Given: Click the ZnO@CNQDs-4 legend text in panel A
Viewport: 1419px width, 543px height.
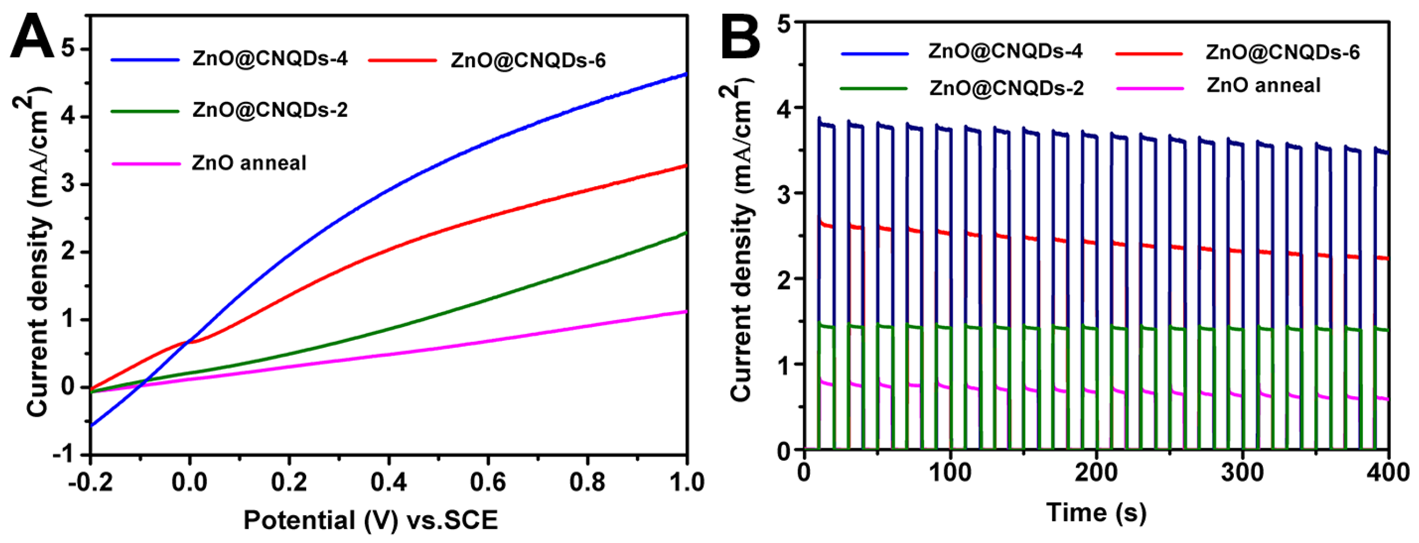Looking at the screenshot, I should pyautogui.click(x=270, y=58).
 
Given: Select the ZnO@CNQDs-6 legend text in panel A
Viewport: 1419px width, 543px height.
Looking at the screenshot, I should pyautogui.click(x=528, y=60).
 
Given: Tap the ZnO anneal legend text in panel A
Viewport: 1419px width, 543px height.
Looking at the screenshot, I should pyautogui.click(x=249, y=163).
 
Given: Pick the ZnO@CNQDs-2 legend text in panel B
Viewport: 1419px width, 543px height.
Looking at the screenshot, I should pyautogui.click(x=1007, y=88).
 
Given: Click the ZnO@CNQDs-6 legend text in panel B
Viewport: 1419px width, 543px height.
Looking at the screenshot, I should pyautogui.click(x=1282, y=52).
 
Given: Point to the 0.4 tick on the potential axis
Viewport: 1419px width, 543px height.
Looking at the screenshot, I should pyautogui.click(x=388, y=482).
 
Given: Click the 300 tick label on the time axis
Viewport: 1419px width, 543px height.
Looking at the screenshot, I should pyautogui.click(x=1243, y=473).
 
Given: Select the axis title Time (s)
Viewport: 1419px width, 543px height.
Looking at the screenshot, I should pyautogui.click(x=1096, y=512).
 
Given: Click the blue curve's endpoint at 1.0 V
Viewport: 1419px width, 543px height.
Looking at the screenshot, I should pyautogui.click(x=686, y=73).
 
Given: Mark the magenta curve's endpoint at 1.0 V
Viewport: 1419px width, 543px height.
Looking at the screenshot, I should pyautogui.click(x=686, y=312).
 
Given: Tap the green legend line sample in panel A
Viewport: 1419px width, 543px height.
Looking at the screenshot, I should pyautogui.click(x=145, y=111).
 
